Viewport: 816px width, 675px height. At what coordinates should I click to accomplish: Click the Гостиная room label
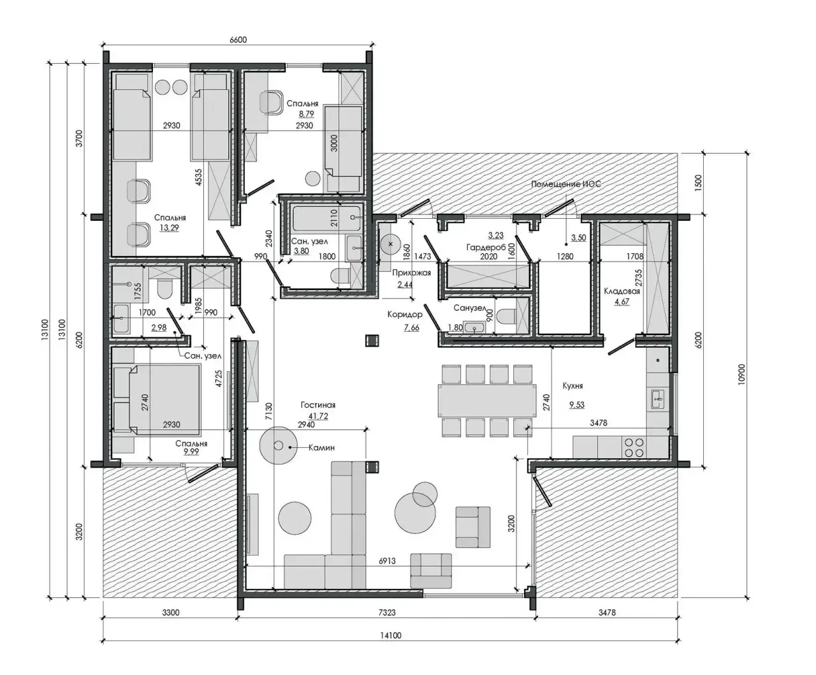317,405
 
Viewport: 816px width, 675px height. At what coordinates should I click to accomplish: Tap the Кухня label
572,386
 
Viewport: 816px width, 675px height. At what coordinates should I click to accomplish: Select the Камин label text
321,447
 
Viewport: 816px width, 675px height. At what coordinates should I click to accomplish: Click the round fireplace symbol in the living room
278,445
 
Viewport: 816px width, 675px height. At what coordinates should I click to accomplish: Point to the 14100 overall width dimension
390,635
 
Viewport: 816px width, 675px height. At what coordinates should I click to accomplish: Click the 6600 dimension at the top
238,40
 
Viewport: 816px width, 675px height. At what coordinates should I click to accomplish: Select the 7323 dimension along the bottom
387,612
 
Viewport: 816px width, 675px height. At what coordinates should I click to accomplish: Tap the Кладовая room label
622,292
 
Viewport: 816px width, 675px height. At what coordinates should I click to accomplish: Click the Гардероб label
486,247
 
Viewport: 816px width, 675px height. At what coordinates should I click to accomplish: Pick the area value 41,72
318,416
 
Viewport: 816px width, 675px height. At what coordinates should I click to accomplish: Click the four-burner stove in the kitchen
634,447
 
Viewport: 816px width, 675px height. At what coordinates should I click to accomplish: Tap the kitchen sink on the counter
658,399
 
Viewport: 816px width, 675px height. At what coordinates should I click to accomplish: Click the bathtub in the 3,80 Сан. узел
326,218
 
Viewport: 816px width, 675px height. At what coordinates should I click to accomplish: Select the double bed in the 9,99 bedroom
164,399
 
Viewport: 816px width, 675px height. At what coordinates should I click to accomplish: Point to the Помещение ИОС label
565,184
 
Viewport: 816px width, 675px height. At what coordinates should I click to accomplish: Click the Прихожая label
411,273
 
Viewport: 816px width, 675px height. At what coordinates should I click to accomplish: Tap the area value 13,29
169,228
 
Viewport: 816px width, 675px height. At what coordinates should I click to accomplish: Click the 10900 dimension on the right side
741,375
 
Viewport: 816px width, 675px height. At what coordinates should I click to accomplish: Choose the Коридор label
405,315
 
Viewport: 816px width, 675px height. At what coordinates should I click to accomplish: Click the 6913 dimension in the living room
387,561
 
